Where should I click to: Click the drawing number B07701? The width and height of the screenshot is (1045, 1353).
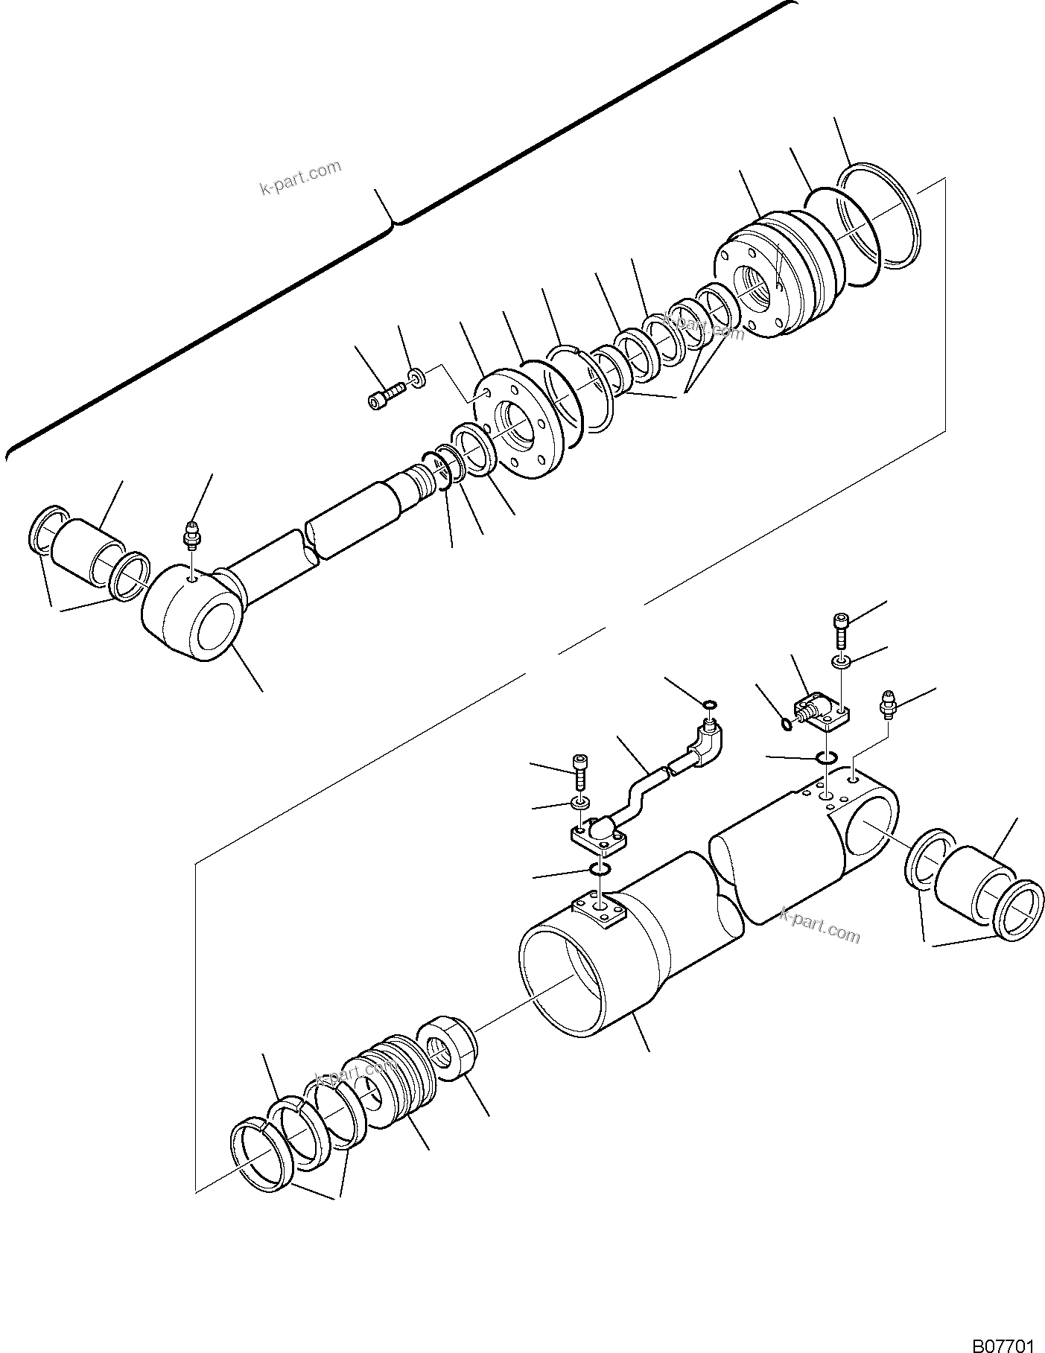1003,1340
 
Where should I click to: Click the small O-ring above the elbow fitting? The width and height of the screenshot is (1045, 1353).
710,704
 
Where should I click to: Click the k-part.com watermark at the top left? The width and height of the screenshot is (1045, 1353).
300,177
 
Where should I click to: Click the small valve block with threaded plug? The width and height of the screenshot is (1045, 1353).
819,710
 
